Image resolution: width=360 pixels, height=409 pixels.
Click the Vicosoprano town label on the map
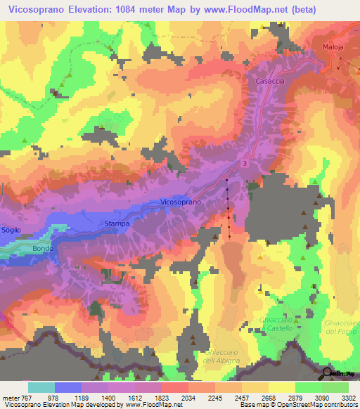click(x=181, y=202)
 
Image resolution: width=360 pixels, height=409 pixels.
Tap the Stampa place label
click(x=117, y=223)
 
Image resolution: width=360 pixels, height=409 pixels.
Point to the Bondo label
click(x=43, y=248)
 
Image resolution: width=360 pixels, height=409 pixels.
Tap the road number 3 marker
click(x=245, y=163)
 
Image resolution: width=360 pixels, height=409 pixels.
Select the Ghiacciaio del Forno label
click(x=342, y=327)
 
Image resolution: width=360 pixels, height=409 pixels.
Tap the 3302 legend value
click(x=347, y=398)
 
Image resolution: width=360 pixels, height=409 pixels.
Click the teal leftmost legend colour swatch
click(x=41, y=387)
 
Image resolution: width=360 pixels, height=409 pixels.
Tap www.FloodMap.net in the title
click(x=230, y=11)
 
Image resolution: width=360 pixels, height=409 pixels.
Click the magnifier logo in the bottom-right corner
click(x=328, y=373)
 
